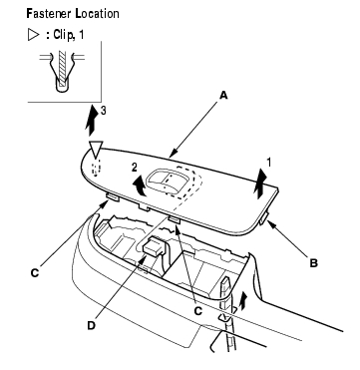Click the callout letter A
pos(223,96)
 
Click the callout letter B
pos(313,263)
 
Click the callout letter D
pos(92,326)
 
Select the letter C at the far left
pos(35,273)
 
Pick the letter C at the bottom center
pos(198,311)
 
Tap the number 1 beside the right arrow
pos(269,163)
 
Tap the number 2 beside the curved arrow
pos(134,168)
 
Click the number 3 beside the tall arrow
pos(104,111)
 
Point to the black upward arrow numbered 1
pos(259,185)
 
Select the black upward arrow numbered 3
pos(91,120)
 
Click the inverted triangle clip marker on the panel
pos(96,149)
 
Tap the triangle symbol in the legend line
pos(34,35)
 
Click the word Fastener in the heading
pos(48,14)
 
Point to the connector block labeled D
pos(153,246)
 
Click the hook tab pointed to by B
pos(264,218)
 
